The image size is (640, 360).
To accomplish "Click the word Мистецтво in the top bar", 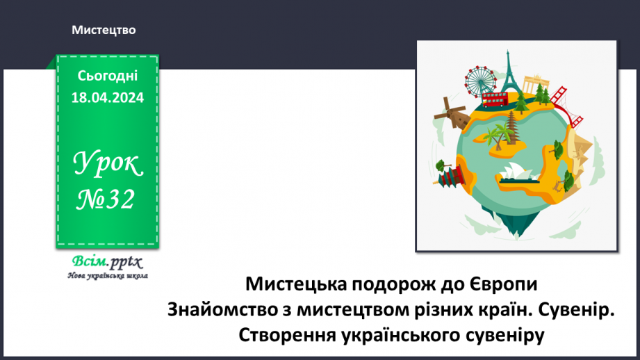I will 103,30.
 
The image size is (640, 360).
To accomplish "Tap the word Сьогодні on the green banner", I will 108,76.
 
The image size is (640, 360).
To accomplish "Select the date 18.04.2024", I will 108,98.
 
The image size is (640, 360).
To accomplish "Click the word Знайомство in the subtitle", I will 216,309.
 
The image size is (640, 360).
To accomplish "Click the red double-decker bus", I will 495,98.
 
